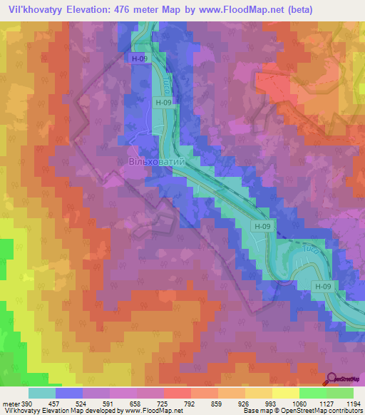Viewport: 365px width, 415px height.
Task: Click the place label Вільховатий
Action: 157,163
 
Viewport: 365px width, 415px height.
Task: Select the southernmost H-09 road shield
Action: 323,287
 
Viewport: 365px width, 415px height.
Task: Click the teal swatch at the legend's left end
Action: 42,393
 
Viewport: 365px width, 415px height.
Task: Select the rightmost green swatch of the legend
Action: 340,393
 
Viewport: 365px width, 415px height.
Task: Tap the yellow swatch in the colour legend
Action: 286,393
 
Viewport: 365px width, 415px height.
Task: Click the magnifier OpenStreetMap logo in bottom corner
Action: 332,379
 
